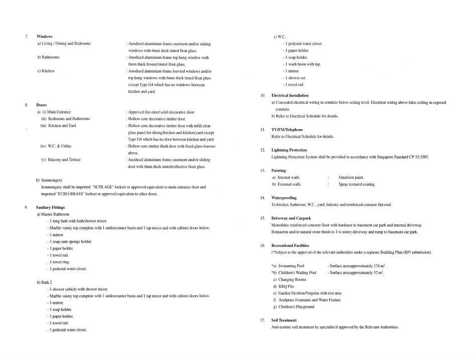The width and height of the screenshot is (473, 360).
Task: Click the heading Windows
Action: pyautogui.click(x=45, y=37)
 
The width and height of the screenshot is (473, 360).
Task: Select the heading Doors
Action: pyautogui.click(x=42, y=105)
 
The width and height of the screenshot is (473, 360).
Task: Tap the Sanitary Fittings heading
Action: pyautogui.click(x=50, y=207)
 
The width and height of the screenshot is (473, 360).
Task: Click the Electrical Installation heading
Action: pyautogui.click(x=290, y=95)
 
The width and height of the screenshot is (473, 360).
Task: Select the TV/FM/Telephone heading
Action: pyautogui.click(x=287, y=130)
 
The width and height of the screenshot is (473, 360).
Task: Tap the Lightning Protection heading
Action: pyautogui.click(x=289, y=150)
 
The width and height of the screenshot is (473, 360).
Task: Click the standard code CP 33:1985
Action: pyautogui.click(x=417, y=157)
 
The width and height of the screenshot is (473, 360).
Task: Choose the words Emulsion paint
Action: pyautogui.click(x=351, y=177)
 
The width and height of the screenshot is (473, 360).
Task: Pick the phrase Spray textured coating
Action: pyautogui.click(x=357, y=184)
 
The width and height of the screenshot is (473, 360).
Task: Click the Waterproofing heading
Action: pyautogui.click(x=284, y=198)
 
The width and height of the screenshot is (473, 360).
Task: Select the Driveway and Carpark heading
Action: pyautogui.click(x=291, y=218)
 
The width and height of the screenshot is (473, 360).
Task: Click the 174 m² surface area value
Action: pyautogui.click(x=377, y=266)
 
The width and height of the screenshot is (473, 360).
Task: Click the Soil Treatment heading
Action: pyautogui.click(x=284, y=320)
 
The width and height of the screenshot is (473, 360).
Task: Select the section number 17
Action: pyautogui.click(x=262, y=320)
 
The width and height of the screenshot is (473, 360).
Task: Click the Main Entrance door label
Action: pyautogui.click(x=59, y=112)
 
